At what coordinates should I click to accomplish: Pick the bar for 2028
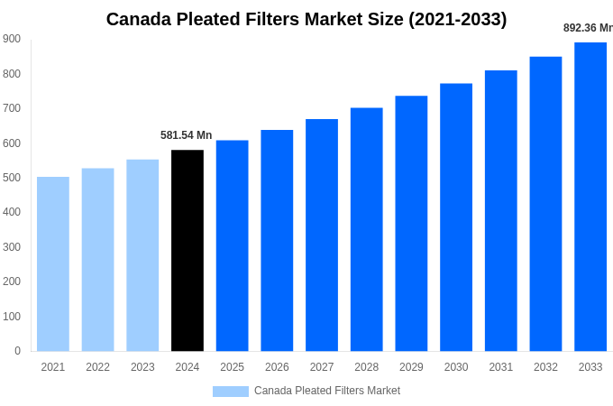[366, 229]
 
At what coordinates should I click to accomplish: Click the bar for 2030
[456, 217]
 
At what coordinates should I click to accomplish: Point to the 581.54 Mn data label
[187, 135]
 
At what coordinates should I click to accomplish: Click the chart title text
[306, 19]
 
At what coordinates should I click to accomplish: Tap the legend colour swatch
[231, 392]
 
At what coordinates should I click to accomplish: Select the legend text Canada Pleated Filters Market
[327, 391]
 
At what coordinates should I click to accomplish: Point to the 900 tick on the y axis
[12, 39]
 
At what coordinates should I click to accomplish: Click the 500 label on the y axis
[12, 178]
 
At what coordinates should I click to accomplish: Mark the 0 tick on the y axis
[17, 351]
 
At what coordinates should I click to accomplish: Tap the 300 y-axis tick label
[12, 247]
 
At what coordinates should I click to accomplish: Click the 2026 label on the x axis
[277, 367]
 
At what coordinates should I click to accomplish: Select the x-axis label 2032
[545, 367]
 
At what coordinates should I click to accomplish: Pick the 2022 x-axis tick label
[97, 367]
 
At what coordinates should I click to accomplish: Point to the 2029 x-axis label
[411, 367]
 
